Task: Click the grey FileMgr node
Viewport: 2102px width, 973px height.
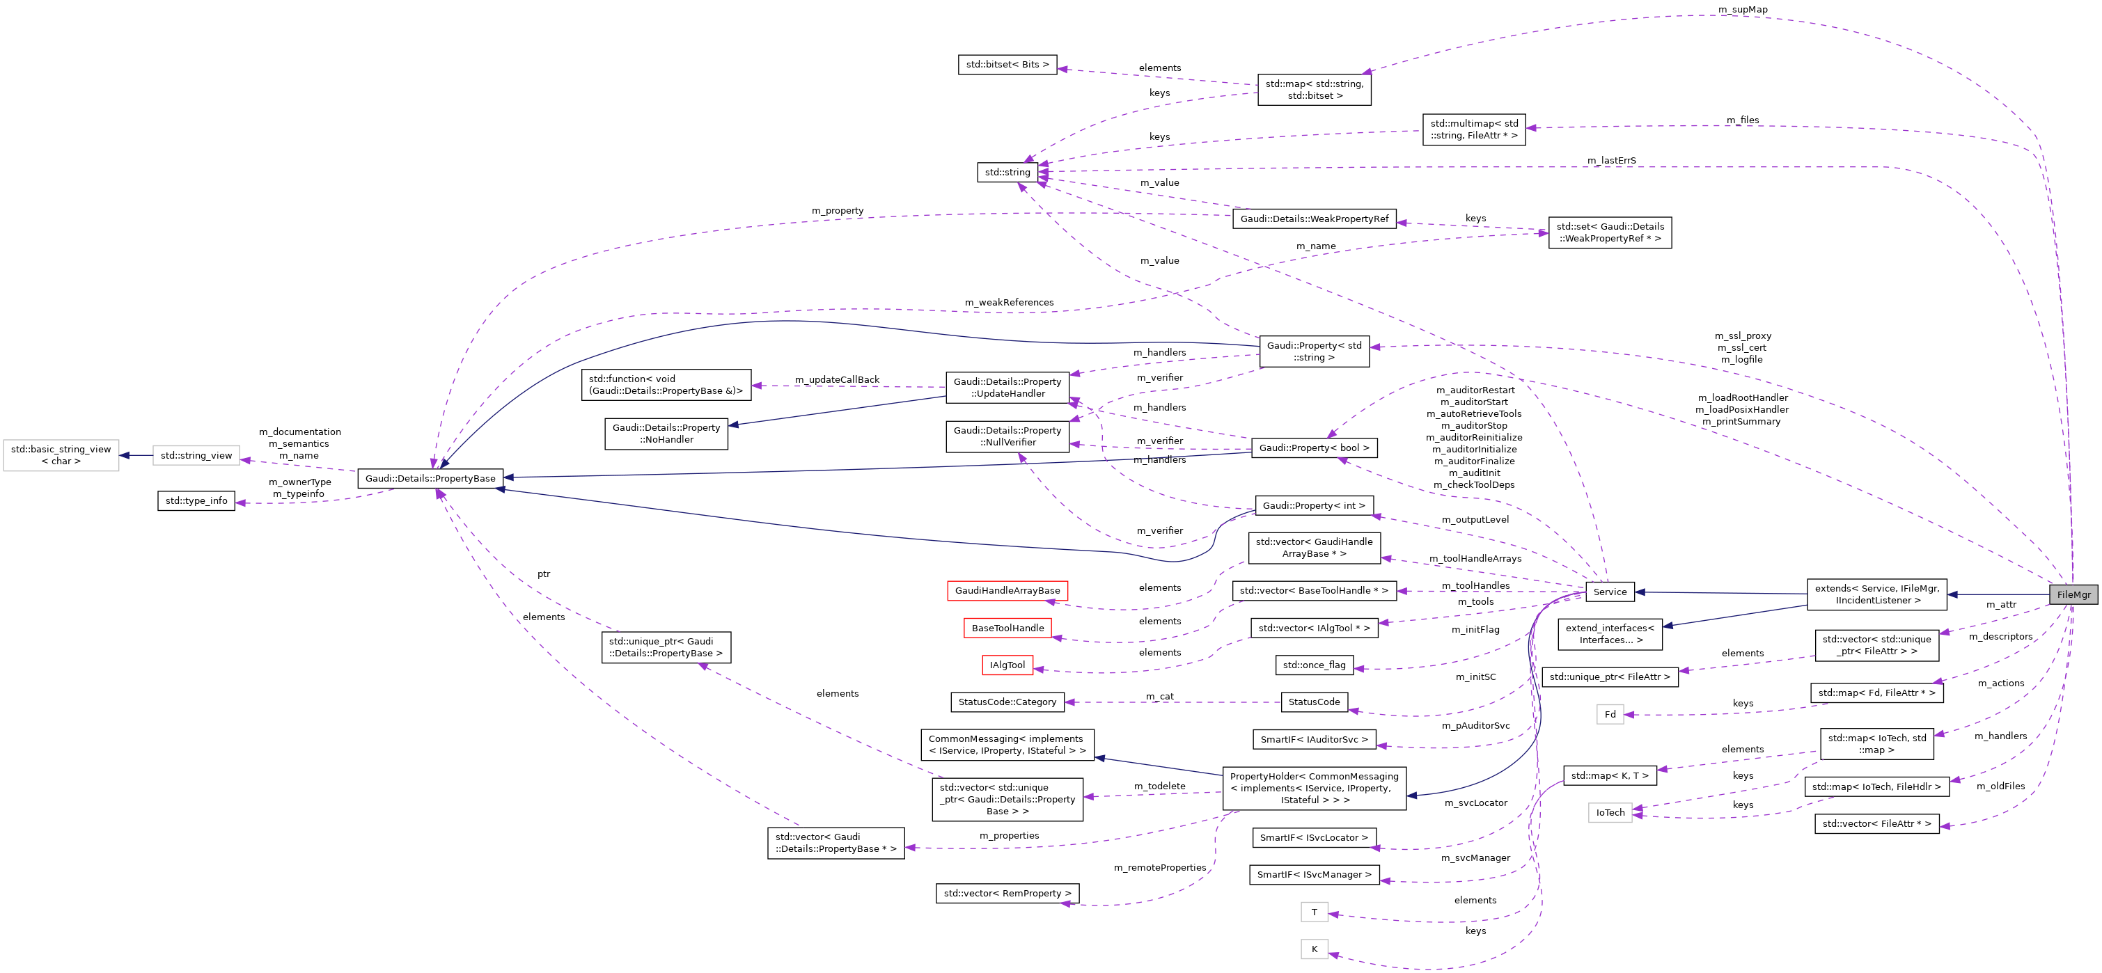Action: tap(2073, 594)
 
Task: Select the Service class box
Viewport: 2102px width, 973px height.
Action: tap(1609, 592)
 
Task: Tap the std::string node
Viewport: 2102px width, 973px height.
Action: tap(1007, 172)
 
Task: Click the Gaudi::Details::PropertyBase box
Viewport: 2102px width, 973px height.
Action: tap(430, 479)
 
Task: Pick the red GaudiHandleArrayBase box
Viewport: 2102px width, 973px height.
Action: tap(1007, 590)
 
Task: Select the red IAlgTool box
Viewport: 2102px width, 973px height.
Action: tap(1007, 665)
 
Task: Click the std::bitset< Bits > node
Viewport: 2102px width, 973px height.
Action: tap(1007, 65)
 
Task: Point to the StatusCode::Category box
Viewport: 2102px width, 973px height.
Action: tap(1007, 702)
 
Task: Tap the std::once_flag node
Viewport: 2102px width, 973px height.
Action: tap(1314, 665)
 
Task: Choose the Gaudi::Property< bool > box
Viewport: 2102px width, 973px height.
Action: tap(1314, 448)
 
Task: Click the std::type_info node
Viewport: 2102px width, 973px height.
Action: tap(196, 501)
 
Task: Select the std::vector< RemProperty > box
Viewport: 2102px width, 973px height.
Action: tap(1007, 894)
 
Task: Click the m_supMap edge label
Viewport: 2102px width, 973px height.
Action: tap(1742, 10)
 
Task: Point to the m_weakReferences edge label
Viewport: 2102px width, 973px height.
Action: tap(1009, 303)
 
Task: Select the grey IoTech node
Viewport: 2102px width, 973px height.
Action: tap(1609, 813)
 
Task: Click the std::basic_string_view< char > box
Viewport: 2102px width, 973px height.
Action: tap(61, 455)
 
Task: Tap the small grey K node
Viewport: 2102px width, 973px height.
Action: tap(1314, 949)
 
